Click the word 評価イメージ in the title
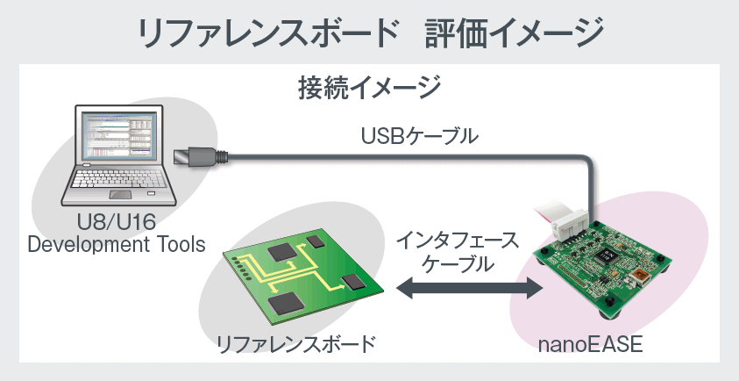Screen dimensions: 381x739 pyautogui.click(x=515, y=32)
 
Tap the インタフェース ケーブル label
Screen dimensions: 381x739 pyautogui.click(x=457, y=250)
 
